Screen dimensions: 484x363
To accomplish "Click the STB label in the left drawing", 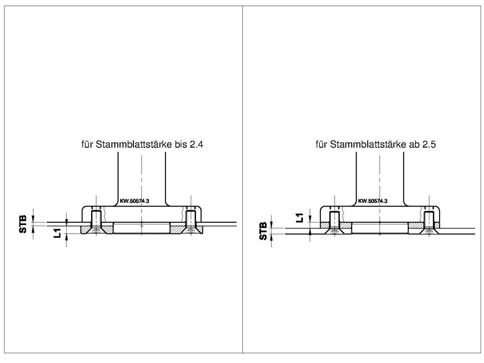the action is [x=23, y=224].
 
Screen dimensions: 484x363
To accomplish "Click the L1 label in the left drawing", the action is [x=57, y=233].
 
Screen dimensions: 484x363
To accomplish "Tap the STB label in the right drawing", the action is [x=263, y=231].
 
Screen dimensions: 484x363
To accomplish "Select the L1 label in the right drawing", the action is [x=299, y=218].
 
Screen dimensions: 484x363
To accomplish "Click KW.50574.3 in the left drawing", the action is [x=134, y=201].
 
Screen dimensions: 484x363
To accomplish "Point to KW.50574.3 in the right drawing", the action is [x=372, y=201].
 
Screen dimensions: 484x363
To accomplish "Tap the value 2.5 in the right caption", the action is [x=429, y=144].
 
